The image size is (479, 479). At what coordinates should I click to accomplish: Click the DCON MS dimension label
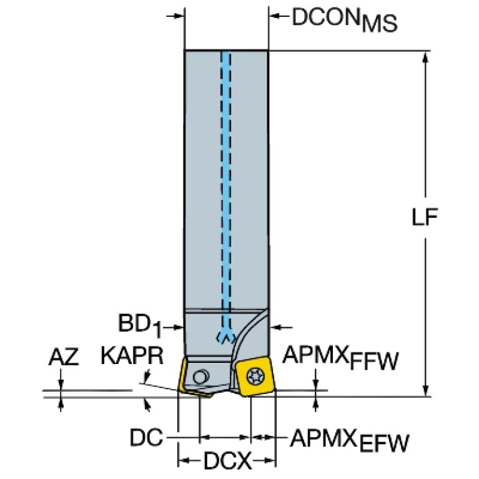point(345,19)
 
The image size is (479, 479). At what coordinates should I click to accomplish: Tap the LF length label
point(425,217)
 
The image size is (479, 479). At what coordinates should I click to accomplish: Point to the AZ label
point(64,357)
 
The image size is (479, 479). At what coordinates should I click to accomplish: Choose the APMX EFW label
point(349,440)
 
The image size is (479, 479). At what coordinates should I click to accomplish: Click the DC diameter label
point(146,437)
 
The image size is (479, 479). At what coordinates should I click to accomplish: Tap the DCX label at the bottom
point(227,460)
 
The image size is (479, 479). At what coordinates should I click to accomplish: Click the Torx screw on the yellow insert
point(254,376)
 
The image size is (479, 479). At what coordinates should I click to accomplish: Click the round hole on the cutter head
point(200,377)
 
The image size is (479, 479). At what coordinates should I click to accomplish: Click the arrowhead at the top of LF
point(425,58)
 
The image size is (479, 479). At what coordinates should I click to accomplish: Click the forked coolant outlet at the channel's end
point(225,336)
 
